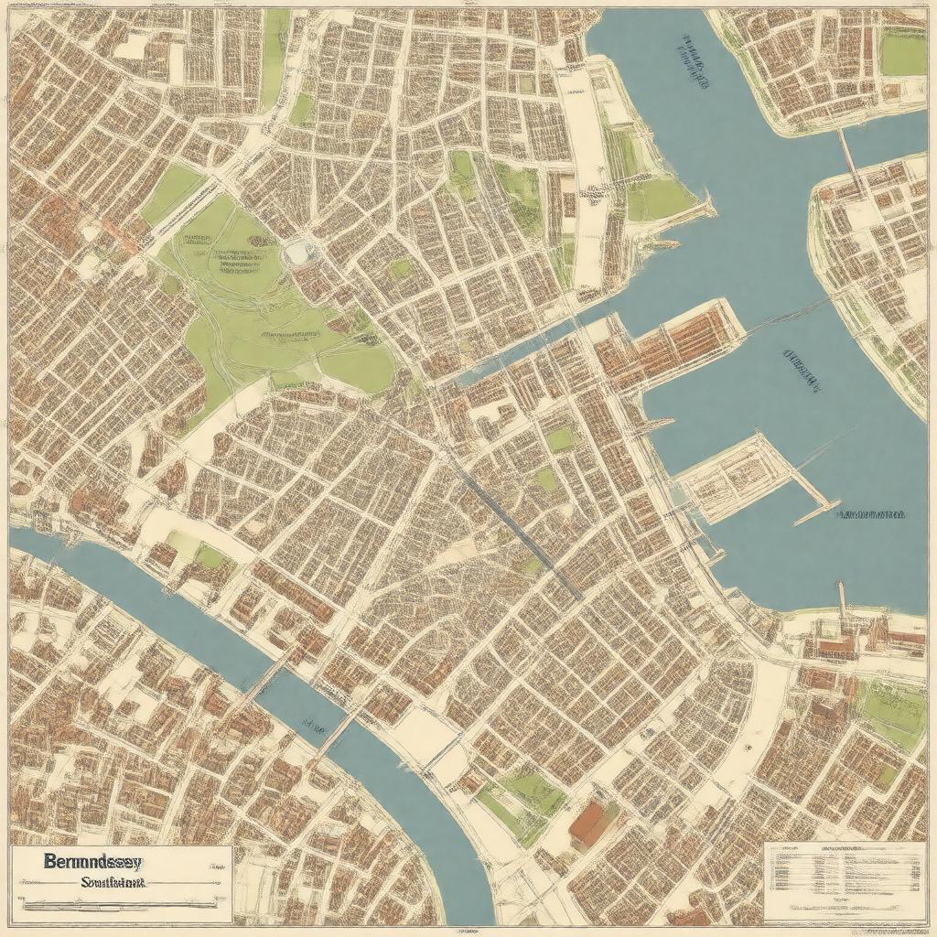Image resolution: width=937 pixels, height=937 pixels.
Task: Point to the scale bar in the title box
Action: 119,905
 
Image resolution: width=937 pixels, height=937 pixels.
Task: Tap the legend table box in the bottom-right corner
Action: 844,881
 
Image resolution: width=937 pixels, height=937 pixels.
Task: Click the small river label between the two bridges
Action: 314,728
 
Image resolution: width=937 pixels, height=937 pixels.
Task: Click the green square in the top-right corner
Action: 902,52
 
